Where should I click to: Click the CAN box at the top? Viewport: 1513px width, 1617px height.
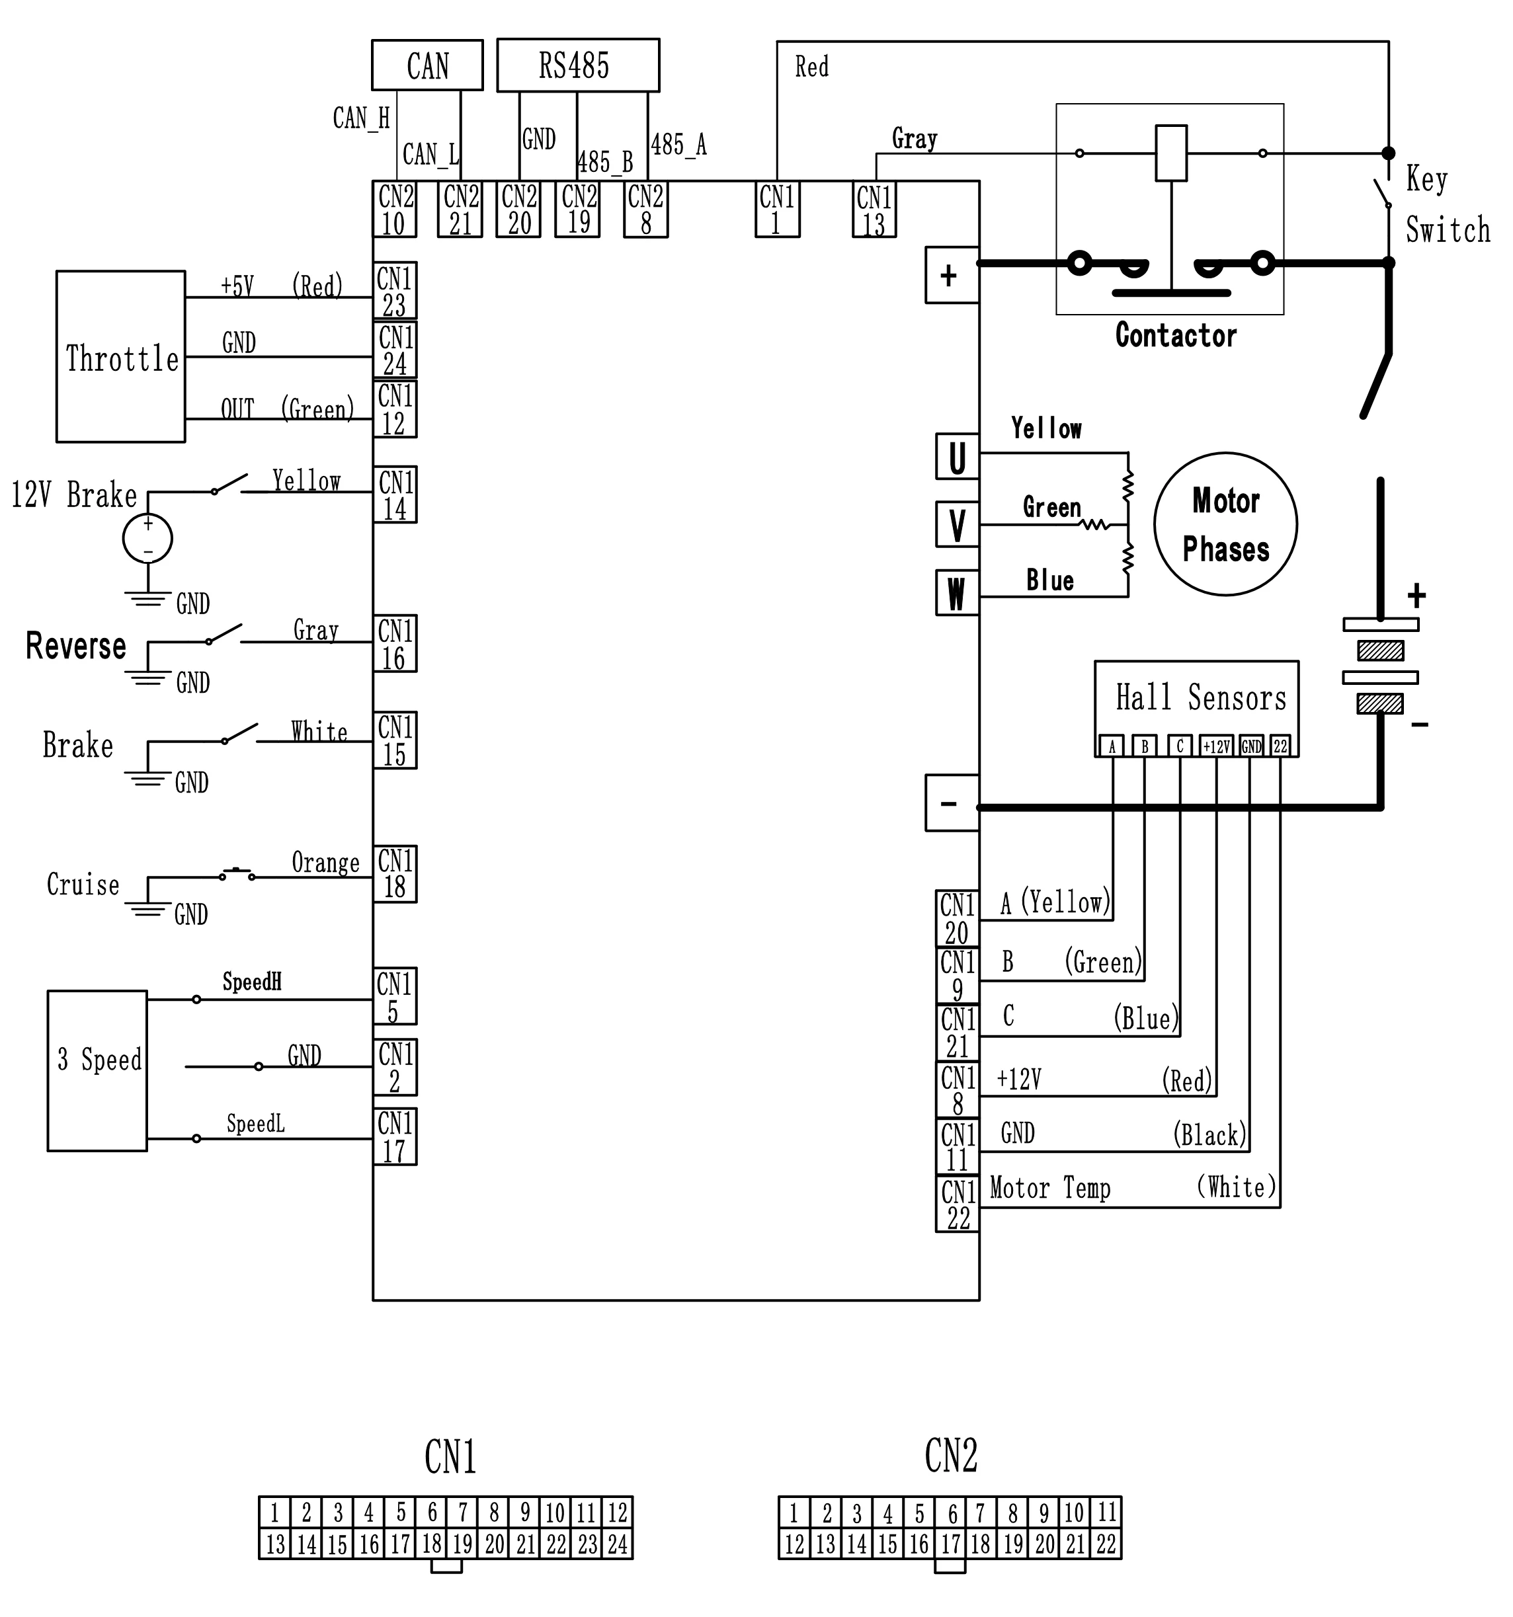(427, 65)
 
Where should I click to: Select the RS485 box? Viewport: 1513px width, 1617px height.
(577, 65)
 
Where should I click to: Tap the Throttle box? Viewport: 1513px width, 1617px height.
(120, 357)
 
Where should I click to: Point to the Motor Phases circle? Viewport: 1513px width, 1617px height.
(1225, 525)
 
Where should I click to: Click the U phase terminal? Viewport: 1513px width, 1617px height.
(957, 457)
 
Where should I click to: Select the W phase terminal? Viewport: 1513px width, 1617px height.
(957, 593)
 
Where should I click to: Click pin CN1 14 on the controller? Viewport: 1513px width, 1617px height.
(395, 495)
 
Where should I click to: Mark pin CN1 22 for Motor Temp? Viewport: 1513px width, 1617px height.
(958, 1204)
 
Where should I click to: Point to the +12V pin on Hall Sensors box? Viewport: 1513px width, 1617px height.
(1217, 746)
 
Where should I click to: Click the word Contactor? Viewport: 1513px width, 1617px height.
(1176, 335)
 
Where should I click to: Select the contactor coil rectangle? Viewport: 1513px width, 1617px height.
(1171, 153)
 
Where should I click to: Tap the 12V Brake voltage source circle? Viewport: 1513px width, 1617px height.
(147, 539)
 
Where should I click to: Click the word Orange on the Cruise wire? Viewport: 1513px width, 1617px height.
(325, 862)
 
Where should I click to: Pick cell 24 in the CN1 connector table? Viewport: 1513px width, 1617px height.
(618, 1544)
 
